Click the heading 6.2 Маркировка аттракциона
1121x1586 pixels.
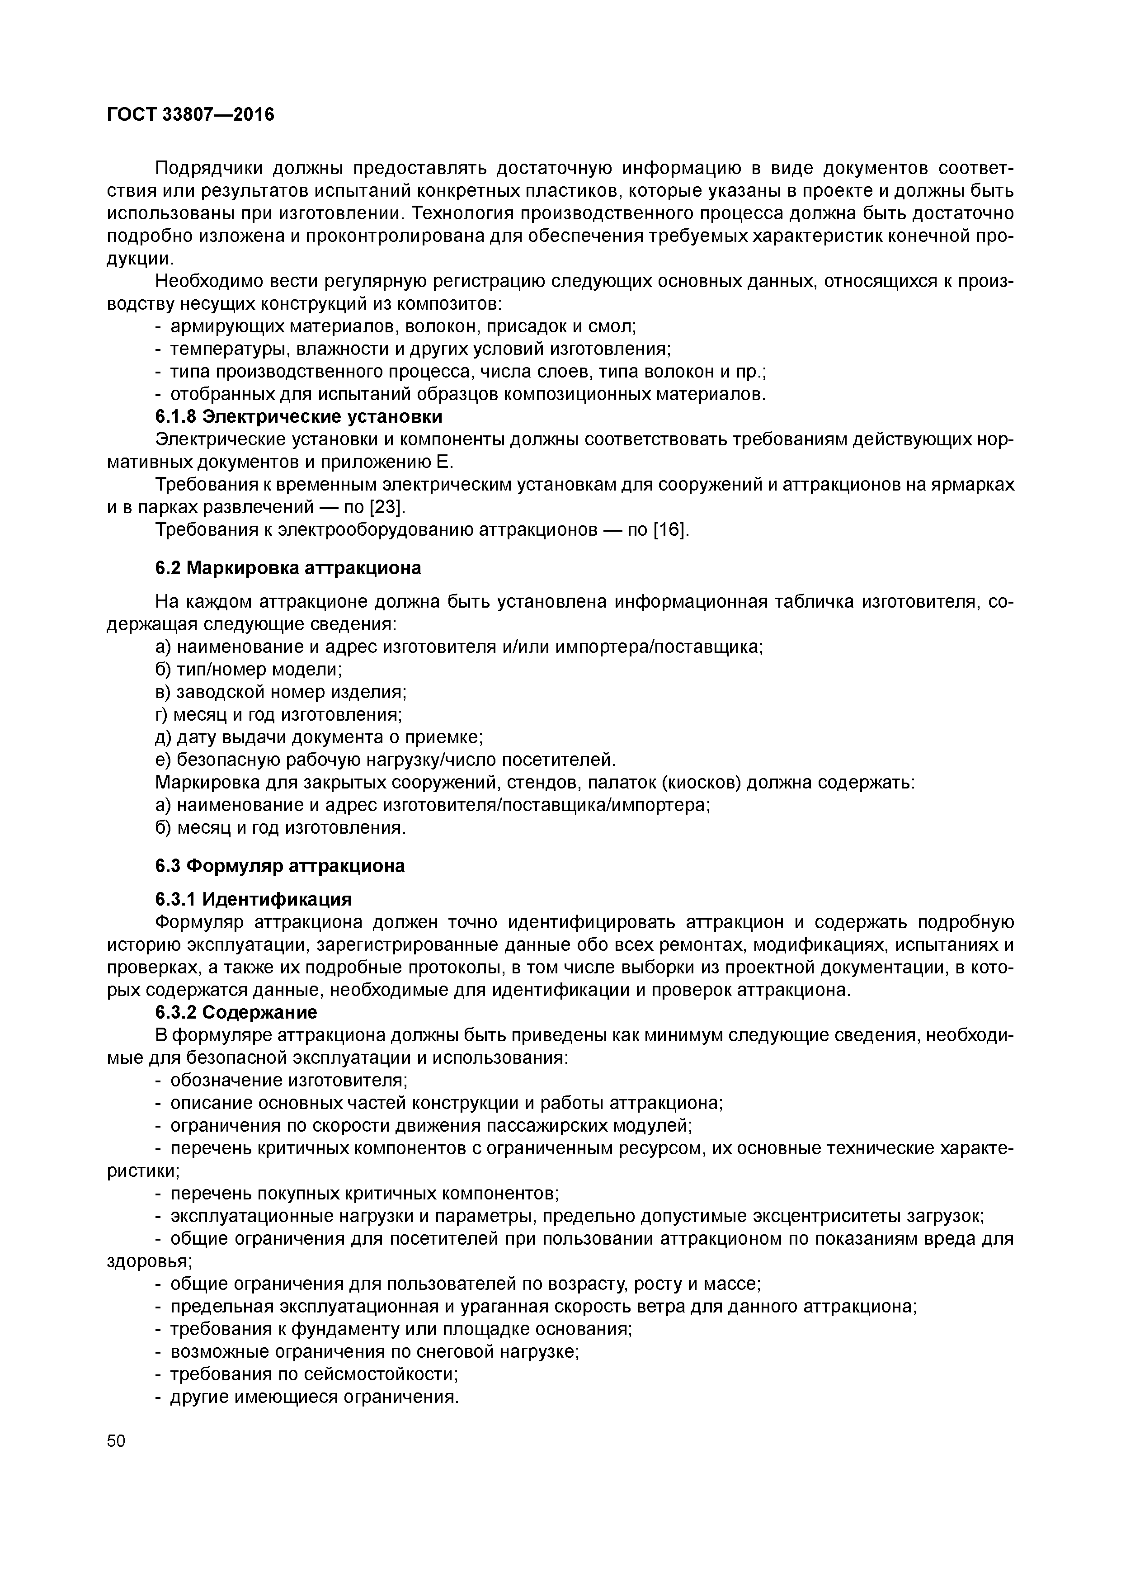tap(288, 568)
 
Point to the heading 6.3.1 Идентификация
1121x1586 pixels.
tap(254, 899)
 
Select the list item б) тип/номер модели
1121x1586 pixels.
tap(249, 670)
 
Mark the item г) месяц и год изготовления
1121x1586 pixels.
tap(278, 714)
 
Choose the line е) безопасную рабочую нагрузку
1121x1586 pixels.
tap(385, 760)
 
